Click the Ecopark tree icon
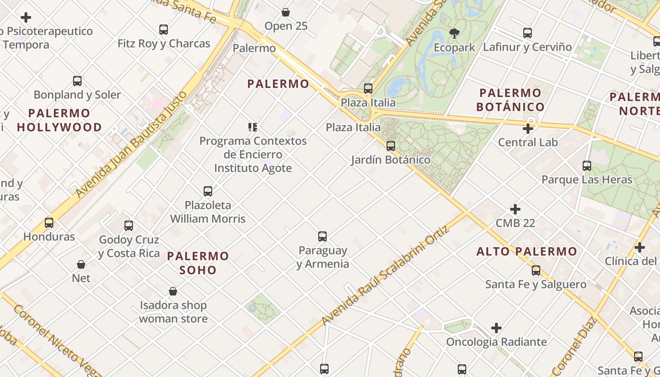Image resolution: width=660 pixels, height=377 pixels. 454,33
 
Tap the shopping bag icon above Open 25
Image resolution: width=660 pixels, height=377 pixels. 286,12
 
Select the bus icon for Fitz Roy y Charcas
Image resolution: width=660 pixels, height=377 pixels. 164,30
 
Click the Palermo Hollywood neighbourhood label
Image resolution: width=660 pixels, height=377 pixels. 59,120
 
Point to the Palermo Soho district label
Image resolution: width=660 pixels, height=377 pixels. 198,263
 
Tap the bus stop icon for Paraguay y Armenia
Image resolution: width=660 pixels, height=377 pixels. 322,237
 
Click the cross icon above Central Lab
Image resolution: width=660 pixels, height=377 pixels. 528,128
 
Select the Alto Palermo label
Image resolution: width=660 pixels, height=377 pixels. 527,252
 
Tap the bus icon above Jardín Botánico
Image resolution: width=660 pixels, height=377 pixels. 391,146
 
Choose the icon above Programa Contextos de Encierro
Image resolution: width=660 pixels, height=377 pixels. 253,127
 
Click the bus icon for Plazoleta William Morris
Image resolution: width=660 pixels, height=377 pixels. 208,191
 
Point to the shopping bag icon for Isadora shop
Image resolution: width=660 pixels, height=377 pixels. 173,291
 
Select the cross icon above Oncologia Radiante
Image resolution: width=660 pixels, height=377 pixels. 496,328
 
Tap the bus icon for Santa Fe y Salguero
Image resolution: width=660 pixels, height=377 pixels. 536,270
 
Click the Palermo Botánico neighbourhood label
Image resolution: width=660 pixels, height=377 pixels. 510,100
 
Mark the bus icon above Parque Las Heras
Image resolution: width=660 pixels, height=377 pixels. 587,166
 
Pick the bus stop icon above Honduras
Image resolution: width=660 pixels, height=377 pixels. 49,223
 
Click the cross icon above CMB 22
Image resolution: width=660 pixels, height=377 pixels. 515,209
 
